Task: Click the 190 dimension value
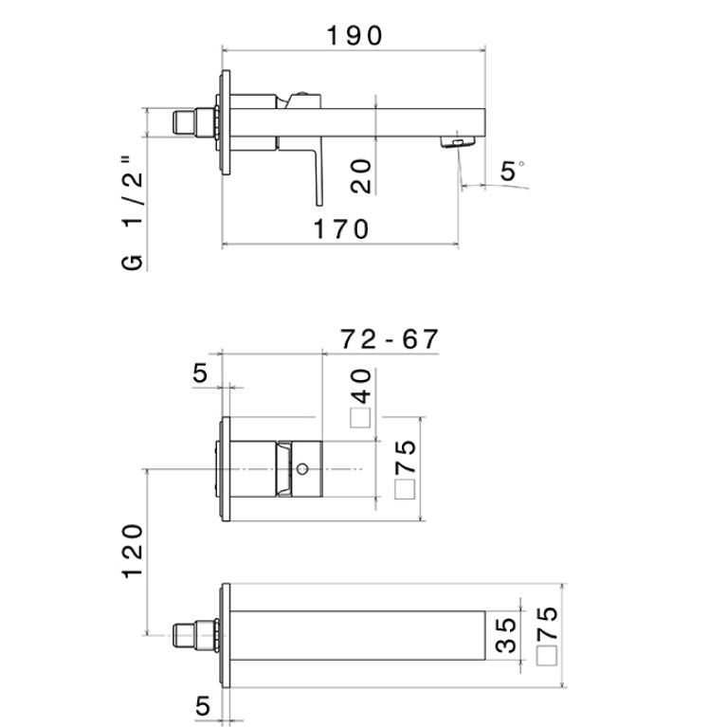(354, 36)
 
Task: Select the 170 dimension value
(341, 229)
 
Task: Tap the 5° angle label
(512, 171)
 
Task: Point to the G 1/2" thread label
(133, 213)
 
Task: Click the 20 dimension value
(362, 176)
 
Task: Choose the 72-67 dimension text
(389, 339)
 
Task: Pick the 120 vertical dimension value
(133, 552)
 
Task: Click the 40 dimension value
(362, 387)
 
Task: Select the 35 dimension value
(505, 635)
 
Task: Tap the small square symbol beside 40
(360, 417)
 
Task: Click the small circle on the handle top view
(302, 469)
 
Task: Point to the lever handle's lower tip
(319, 205)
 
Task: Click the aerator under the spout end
(458, 142)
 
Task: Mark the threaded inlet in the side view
(195, 123)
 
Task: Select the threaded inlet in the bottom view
(195, 636)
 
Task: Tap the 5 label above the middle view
(200, 373)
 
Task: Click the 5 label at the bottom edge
(203, 706)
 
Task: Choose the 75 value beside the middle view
(406, 456)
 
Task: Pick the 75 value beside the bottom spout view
(547, 624)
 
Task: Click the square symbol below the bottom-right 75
(547, 656)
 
